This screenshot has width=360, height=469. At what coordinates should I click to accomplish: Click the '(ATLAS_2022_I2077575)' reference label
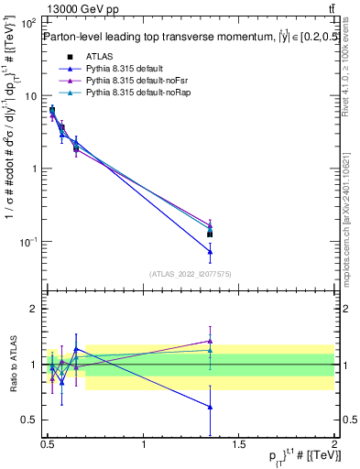[190, 273]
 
